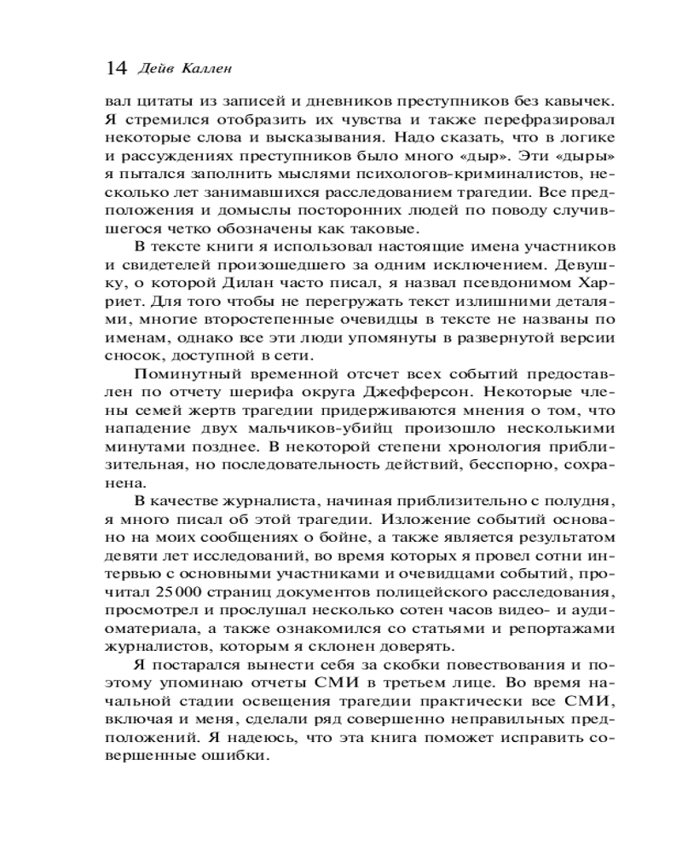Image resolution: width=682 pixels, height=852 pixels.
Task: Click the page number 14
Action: point(115,66)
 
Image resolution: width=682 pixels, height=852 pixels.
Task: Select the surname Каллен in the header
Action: point(205,67)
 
